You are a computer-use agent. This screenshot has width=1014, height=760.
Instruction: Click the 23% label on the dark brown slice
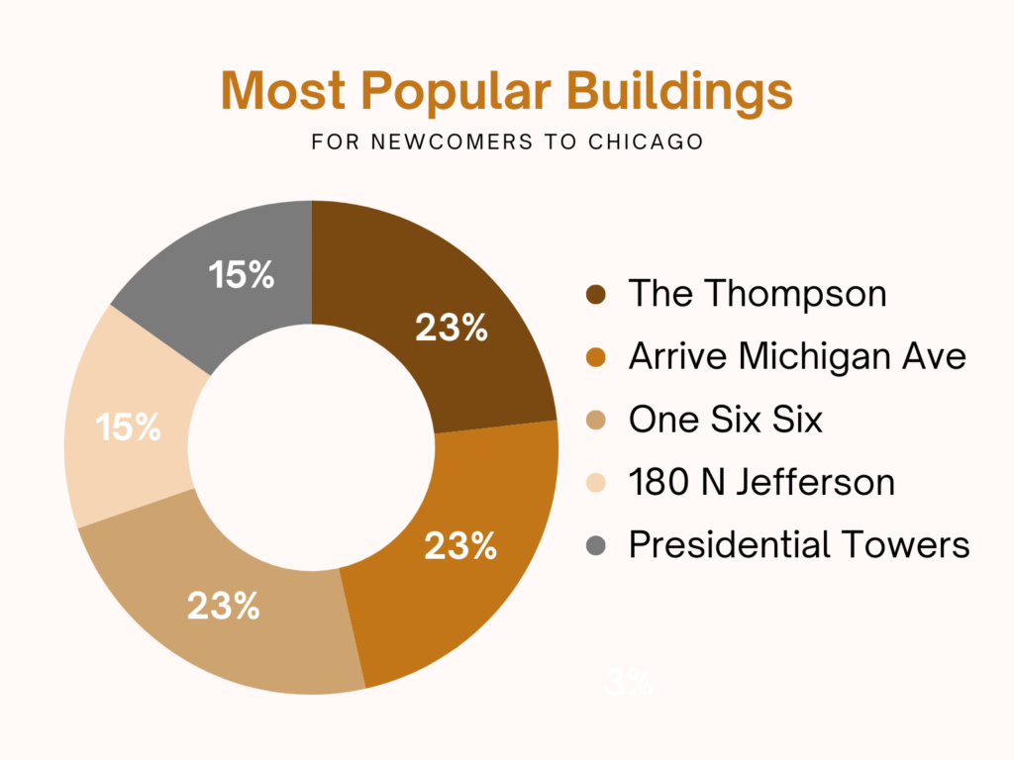452,329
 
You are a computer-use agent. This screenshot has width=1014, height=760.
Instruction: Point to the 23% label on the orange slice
460,546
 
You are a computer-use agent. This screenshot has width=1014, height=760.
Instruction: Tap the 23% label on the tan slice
224,606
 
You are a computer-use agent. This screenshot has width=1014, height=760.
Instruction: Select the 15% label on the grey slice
241,276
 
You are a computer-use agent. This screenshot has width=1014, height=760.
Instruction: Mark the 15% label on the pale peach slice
128,427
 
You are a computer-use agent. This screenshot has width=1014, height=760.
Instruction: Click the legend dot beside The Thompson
595,294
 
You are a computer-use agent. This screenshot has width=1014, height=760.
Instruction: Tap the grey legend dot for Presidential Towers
595,545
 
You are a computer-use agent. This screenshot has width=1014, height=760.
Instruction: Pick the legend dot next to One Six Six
595,420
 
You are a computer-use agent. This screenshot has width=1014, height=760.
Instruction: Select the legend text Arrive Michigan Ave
797,356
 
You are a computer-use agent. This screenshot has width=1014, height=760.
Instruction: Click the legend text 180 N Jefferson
761,483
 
